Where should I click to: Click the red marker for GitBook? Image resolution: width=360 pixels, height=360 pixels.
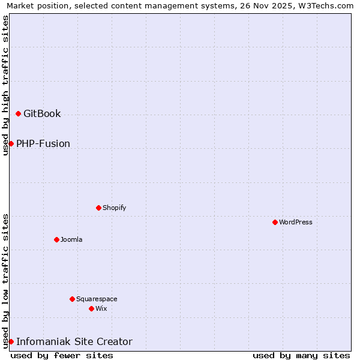18,113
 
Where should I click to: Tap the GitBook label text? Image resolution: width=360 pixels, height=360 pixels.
42,113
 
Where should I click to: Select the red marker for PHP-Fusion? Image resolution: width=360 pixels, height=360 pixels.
11,143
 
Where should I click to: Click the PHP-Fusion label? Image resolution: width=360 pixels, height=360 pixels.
43,143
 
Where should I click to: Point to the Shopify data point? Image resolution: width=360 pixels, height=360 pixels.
98,208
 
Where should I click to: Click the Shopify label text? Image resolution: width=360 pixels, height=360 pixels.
114,208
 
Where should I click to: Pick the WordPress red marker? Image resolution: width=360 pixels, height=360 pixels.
275,222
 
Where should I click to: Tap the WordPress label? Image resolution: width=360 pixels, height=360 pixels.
296,222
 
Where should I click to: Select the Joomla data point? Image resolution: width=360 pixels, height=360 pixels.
56,239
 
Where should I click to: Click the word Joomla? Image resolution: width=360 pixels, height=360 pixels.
71,239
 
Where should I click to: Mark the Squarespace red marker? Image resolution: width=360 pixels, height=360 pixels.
72,299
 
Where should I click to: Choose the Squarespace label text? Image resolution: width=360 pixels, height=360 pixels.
97,299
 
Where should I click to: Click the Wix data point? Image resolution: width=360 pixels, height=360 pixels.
91,308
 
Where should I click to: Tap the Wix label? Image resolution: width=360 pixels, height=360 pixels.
101,308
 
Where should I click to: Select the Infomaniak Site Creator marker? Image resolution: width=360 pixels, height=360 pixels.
11,341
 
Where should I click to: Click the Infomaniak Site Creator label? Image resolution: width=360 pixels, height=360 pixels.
74,341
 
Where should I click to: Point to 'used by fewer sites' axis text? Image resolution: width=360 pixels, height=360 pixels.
62,355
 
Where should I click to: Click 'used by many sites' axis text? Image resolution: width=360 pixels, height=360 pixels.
301,355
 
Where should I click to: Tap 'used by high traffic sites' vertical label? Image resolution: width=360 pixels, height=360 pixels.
5,85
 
